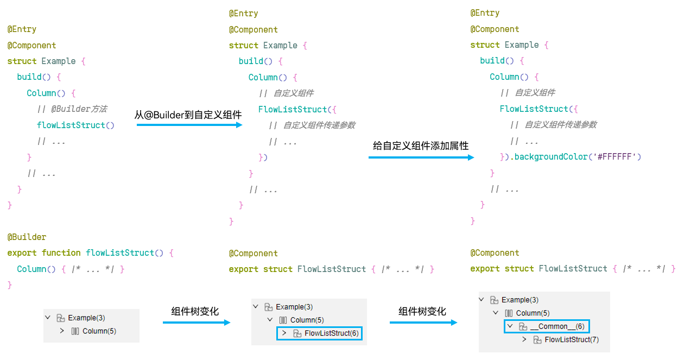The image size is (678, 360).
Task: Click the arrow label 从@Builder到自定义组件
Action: click(x=188, y=115)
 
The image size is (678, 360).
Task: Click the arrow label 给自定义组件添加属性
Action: click(x=421, y=146)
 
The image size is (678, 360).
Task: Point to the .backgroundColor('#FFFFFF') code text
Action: click(x=578, y=157)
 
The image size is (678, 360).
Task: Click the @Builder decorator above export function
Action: click(x=27, y=237)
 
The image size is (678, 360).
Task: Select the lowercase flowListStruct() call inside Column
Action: click(x=75, y=125)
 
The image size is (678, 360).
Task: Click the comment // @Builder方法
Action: click(x=72, y=109)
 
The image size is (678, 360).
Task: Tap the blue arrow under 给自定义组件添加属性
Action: click(x=421, y=157)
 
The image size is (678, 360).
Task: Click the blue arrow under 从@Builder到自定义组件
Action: click(x=189, y=125)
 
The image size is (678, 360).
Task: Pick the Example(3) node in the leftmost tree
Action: click(x=86, y=318)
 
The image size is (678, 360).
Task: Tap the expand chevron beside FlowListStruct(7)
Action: click(x=524, y=340)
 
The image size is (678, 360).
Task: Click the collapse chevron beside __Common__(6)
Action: click(x=510, y=326)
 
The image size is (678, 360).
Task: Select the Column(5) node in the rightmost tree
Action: click(x=533, y=313)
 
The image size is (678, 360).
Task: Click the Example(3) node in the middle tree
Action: click(x=294, y=307)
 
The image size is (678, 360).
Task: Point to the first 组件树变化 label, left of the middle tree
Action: click(x=195, y=311)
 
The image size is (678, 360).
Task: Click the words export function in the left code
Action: click(x=44, y=253)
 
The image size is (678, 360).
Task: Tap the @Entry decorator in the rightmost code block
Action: click(x=485, y=13)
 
